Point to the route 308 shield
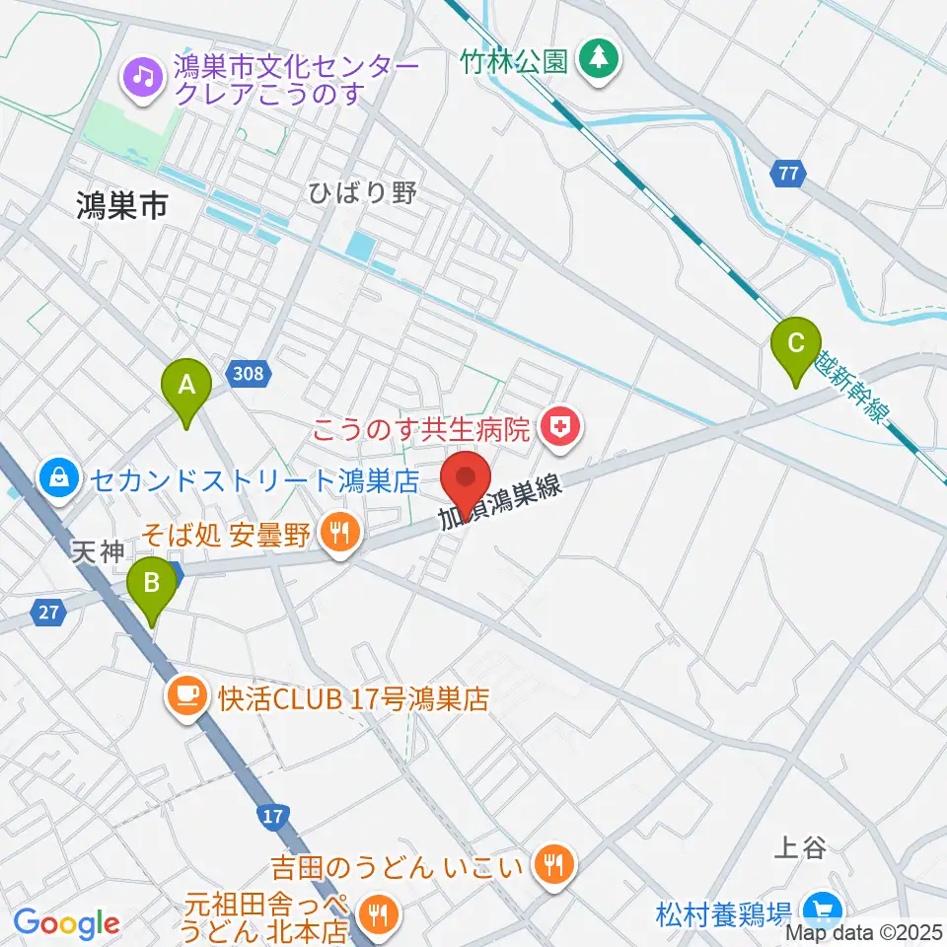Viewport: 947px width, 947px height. (x=250, y=374)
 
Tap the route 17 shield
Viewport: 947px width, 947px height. (x=274, y=816)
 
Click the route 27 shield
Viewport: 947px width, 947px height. (x=48, y=613)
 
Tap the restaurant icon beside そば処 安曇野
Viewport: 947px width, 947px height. (x=340, y=536)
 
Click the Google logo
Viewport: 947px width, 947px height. (x=67, y=923)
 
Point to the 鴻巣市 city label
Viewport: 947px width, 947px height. (x=122, y=205)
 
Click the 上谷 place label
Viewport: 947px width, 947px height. (x=800, y=847)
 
